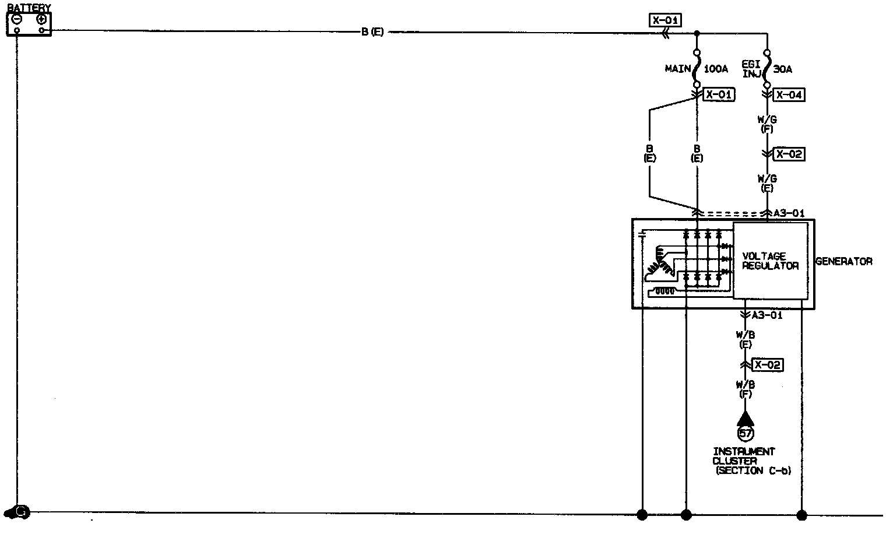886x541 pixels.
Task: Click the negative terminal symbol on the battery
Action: pos(17,19)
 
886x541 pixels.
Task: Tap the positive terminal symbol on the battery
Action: pos(41,19)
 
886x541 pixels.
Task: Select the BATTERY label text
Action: pos(29,8)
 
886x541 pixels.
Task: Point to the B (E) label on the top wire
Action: pos(372,32)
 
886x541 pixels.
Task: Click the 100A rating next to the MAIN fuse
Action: pos(716,69)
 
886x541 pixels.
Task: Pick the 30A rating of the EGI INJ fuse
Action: pos(783,69)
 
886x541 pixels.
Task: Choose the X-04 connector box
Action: pos(789,95)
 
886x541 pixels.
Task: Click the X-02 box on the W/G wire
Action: pos(789,154)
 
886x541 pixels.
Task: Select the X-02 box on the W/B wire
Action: pos(767,366)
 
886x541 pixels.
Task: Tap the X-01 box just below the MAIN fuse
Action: pos(719,94)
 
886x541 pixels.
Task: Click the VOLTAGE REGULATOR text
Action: pos(770,261)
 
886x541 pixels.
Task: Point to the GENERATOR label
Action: pos(843,262)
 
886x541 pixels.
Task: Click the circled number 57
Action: pos(746,433)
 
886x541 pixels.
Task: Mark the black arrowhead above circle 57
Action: pos(745,419)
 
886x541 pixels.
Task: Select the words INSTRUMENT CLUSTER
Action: pos(744,456)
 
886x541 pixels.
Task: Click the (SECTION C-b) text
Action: pos(753,471)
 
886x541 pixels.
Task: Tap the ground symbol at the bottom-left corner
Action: pos(17,512)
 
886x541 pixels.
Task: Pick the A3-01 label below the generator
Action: pos(767,315)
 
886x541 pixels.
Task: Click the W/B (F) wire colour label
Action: pos(746,389)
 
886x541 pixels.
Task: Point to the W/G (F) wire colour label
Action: pos(767,124)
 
